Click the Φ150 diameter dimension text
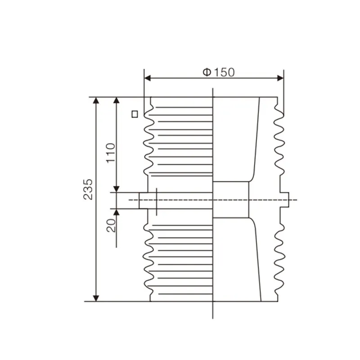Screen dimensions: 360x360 click(218, 72)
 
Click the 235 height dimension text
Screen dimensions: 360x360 click(88, 189)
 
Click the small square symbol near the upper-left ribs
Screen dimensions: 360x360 click(134, 114)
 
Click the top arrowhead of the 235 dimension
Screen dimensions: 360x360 click(95, 100)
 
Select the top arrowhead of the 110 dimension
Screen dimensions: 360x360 click(117, 100)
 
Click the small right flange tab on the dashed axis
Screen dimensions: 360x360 click(285, 200)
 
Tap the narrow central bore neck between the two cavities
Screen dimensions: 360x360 click(230, 200)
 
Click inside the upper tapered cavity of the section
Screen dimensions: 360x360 click(234, 139)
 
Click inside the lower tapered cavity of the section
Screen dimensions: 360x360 click(234, 261)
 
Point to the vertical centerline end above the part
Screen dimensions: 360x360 click(212, 89)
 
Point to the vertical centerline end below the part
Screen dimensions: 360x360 click(212, 317)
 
